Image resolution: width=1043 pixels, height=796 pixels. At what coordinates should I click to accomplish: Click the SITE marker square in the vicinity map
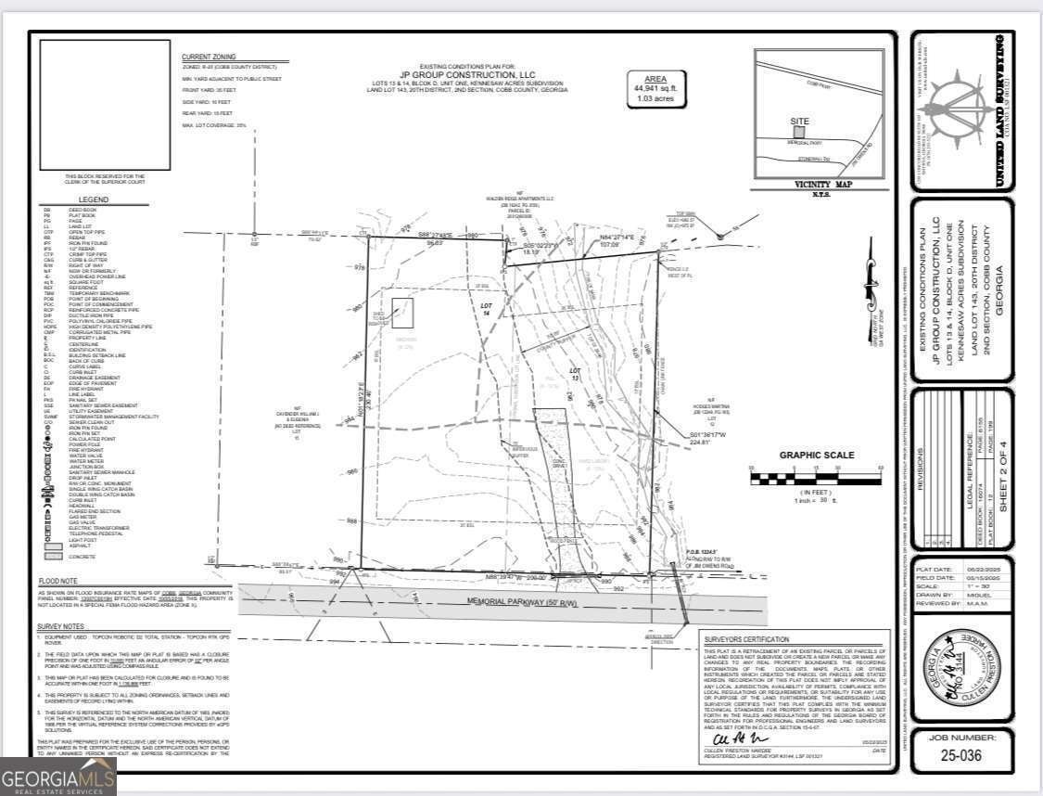(x=799, y=132)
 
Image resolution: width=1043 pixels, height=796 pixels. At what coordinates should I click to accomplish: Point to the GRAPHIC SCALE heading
(x=816, y=456)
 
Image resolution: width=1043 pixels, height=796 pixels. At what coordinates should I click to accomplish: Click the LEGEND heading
(x=93, y=199)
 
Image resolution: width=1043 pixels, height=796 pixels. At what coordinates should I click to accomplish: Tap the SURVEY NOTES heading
(x=60, y=627)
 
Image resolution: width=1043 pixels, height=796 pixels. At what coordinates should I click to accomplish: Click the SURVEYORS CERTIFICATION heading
(x=746, y=639)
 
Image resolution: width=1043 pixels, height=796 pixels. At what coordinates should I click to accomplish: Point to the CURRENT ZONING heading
(x=210, y=58)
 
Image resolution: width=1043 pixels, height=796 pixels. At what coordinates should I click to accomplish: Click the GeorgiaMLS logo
(x=58, y=777)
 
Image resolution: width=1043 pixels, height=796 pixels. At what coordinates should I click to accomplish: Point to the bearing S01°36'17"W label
(x=709, y=435)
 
